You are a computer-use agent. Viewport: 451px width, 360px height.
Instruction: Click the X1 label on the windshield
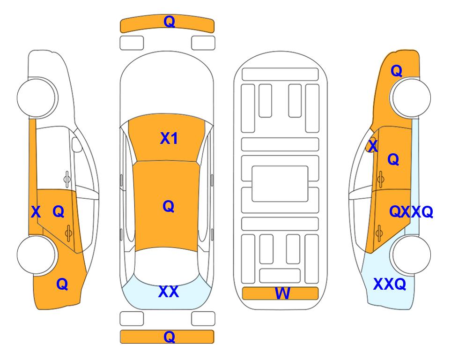[169, 138]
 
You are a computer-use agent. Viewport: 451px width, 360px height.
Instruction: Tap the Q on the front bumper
[169, 22]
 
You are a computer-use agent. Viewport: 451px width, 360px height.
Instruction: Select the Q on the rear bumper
[169, 337]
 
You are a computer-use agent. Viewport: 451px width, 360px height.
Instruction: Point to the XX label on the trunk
[169, 292]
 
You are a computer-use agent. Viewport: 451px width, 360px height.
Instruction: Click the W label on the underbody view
[282, 293]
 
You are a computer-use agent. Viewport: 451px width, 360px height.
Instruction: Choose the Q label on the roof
[168, 206]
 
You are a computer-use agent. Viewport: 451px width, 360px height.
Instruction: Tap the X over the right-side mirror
[373, 146]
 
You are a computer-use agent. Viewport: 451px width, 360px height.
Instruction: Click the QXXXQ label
[411, 212]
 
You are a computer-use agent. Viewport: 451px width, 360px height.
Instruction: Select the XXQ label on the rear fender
[390, 284]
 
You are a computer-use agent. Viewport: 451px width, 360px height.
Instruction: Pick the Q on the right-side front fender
[396, 71]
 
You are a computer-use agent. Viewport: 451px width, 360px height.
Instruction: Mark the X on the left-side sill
[36, 212]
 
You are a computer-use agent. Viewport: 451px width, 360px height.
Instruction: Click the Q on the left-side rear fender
[62, 284]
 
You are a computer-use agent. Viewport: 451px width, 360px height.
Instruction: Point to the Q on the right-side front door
[393, 159]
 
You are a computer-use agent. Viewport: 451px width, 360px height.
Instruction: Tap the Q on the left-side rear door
[59, 212]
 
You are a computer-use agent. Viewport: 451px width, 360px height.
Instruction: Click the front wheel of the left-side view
[37, 97]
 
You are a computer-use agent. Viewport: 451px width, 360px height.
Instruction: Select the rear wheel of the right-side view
[411, 255]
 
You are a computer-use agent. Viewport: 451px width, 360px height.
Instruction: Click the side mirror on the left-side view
[77, 144]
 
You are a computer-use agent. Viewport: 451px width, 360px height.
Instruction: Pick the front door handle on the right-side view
[381, 179]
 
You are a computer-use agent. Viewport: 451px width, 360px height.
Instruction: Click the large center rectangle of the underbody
[280, 184]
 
